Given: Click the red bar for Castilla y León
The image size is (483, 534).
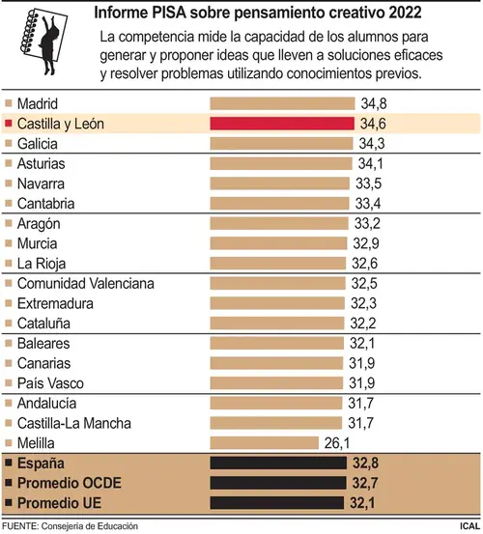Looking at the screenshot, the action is coord(282,124).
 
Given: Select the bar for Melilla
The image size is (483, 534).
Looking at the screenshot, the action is coord(265,443).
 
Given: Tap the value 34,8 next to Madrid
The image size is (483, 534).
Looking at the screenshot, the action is coord(374,103).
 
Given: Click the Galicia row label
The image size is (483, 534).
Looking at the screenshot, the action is coord(38,144).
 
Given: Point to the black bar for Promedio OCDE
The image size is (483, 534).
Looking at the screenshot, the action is coord(278,483).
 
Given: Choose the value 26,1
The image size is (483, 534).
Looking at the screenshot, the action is coord(337,443).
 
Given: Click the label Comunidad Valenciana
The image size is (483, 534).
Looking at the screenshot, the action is coord(86,283).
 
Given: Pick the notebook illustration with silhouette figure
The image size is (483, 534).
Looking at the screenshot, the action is coord(43,42).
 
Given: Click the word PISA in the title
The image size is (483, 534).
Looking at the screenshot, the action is coord(164,13).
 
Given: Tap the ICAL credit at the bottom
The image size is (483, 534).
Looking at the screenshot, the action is coord(469,526).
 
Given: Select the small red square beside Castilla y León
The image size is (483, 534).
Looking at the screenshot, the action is coord(9,123).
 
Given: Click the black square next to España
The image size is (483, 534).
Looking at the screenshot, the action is coord(9,463).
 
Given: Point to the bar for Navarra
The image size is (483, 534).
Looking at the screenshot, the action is coord(279,183).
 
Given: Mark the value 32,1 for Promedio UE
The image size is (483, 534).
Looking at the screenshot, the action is coord(362,503).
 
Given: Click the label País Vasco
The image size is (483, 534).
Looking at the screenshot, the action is coord(50,383).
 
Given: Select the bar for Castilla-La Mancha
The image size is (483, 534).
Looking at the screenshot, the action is coord(276,423).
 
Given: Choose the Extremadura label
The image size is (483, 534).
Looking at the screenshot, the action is coord(55,303).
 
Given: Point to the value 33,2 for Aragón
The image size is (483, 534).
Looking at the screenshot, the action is coord(367,224).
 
